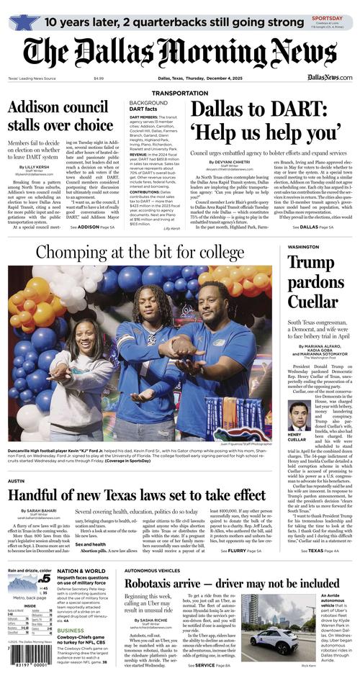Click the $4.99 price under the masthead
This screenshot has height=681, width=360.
(99, 78)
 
